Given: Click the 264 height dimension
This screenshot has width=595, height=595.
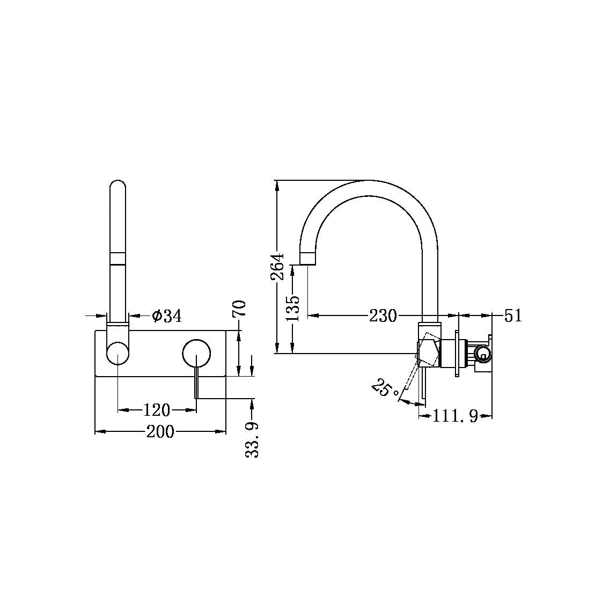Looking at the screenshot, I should tap(278, 267).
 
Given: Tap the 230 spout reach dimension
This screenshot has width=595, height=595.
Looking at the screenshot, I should tap(383, 316).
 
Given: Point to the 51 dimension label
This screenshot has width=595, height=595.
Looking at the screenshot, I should tap(513, 315).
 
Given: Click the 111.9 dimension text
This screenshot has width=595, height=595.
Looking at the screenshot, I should tap(456, 416).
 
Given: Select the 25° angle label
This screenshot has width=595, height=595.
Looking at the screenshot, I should tap(383, 387).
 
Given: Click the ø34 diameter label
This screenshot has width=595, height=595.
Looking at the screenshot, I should tap(167, 316).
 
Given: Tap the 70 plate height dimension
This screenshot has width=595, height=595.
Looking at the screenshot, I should tap(239, 310).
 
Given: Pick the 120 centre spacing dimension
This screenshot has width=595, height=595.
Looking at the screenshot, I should tap(156, 410).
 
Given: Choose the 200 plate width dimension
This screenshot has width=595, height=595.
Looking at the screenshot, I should tap(160, 431).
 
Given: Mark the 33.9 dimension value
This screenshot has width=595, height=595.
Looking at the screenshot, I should tap(252, 439).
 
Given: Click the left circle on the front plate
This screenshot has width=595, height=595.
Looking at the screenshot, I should tap(118, 354).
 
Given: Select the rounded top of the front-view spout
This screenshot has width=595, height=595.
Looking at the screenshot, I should tap(118, 185).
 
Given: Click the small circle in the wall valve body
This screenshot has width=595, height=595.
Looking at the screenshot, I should tap(483, 354).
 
